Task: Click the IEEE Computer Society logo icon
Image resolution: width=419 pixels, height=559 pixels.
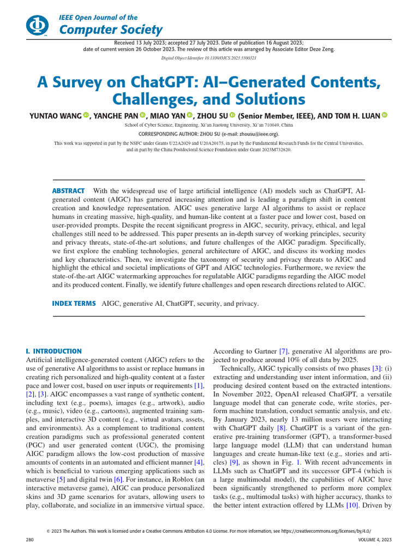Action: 37,25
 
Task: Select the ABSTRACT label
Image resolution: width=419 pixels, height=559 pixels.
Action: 68,191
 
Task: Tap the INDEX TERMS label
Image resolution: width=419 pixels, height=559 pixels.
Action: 74,303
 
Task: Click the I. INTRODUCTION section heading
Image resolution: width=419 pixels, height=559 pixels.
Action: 54,351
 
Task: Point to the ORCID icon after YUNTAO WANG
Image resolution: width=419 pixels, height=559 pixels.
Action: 86,115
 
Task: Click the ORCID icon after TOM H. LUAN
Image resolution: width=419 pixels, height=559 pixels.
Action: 384,115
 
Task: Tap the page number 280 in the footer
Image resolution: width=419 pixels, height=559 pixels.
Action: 30,539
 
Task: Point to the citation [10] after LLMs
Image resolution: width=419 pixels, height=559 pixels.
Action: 353,506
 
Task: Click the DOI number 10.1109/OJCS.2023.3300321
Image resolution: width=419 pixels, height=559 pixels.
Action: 236,57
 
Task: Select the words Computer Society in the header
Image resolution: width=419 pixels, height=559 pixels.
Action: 110,29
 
